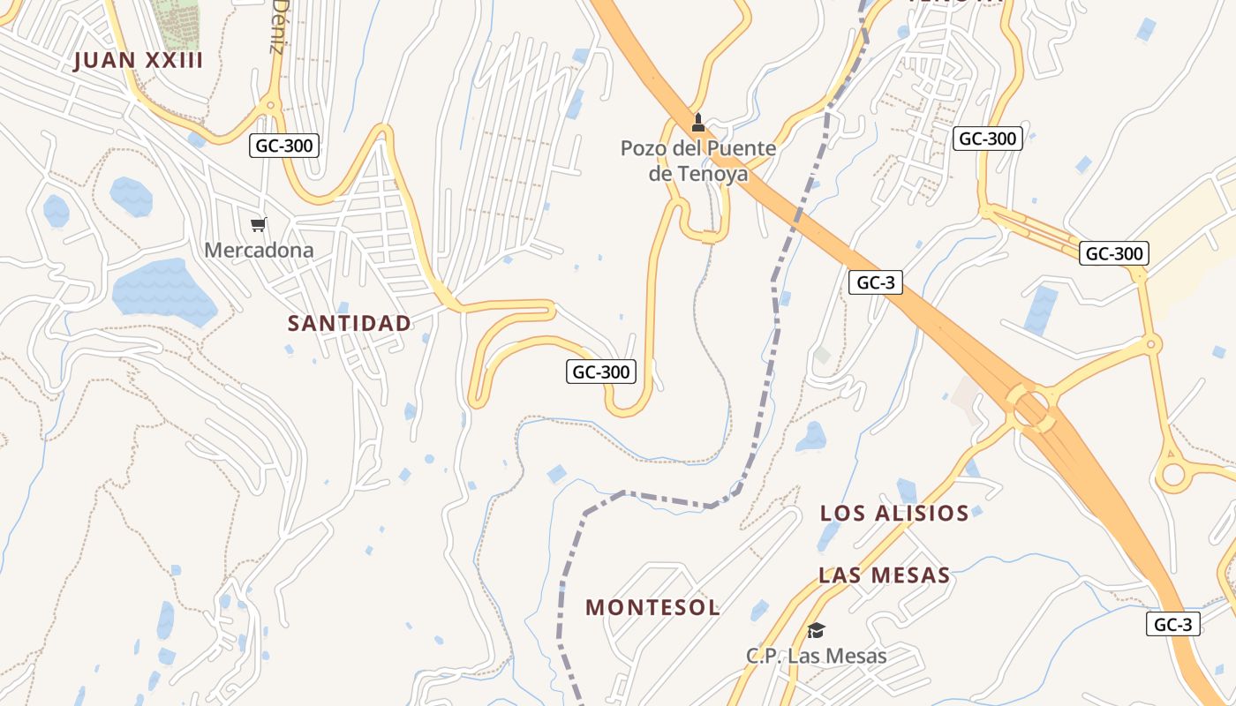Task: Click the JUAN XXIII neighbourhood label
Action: click(139, 61)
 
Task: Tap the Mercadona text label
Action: click(259, 250)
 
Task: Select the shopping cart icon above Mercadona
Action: click(258, 225)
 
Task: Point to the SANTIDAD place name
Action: click(350, 323)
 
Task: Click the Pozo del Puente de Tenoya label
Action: click(698, 161)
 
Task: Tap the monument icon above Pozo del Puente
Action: click(698, 122)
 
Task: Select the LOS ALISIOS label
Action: click(894, 514)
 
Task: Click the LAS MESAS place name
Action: click(885, 576)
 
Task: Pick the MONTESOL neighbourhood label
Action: click(653, 607)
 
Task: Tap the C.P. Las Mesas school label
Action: click(817, 656)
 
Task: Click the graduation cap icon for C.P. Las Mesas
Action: click(816, 630)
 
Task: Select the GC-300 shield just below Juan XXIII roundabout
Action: click(283, 146)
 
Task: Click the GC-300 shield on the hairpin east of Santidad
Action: click(601, 372)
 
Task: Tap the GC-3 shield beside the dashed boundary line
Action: click(876, 282)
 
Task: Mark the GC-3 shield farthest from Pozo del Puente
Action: click(1173, 624)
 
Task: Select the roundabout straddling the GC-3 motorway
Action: click(1030, 409)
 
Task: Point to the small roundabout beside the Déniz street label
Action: click(269, 106)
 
